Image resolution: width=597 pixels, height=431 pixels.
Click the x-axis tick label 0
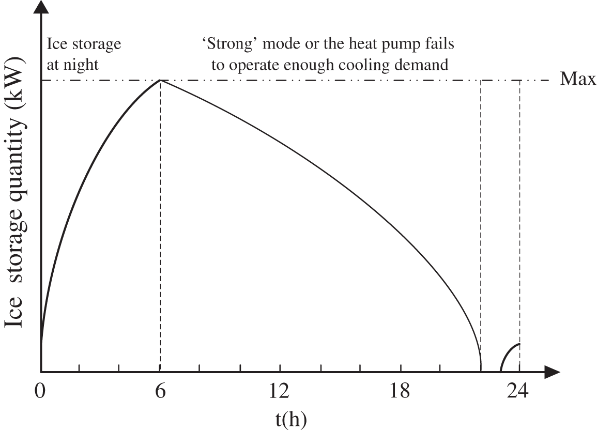click(x=40, y=391)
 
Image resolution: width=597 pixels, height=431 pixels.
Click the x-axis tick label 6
click(x=160, y=391)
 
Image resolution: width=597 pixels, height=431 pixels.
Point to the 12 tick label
click(x=280, y=391)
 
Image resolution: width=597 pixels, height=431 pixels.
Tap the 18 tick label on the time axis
click(x=400, y=391)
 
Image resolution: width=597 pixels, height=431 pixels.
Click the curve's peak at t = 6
click(x=160, y=81)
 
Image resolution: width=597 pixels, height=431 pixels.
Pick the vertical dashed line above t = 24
click(x=519, y=207)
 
